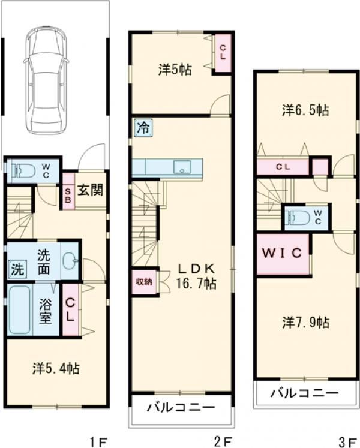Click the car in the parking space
(46, 80)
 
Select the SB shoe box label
(68, 194)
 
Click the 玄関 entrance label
(90, 190)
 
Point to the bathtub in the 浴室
(20, 310)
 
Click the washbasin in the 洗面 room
(70, 260)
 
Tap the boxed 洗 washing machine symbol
(17, 269)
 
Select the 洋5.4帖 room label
(56, 369)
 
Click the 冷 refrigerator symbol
(143, 127)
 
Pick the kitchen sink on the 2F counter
(182, 167)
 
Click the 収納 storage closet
(144, 282)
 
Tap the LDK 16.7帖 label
(196, 276)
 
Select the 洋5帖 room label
(175, 70)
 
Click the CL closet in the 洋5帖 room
(223, 53)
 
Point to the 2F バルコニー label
(181, 407)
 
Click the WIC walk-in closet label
(282, 253)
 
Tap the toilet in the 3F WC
(298, 218)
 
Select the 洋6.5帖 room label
(305, 110)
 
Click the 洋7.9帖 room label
(306, 323)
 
